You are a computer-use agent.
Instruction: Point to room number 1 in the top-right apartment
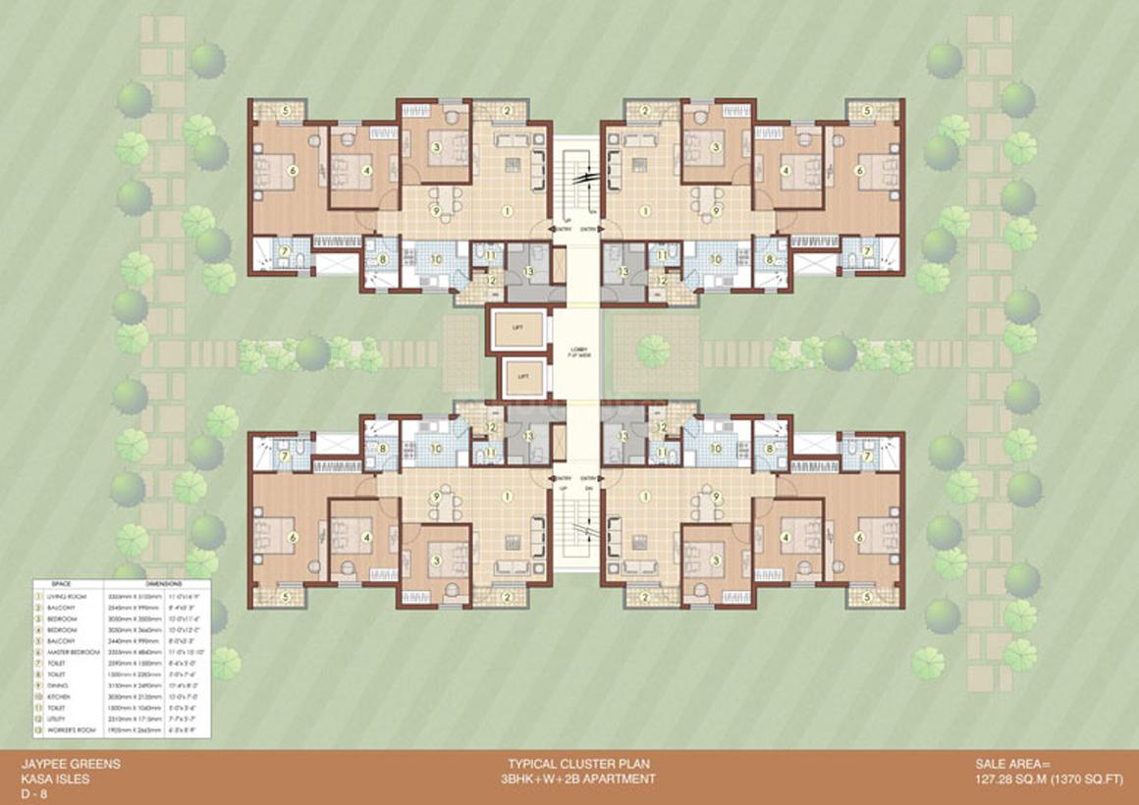click(x=645, y=210)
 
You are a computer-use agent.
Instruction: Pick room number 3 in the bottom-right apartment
click(x=717, y=561)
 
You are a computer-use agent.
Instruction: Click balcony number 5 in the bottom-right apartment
click(x=868, y=595)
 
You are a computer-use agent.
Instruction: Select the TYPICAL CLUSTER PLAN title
click(x=577, y=763)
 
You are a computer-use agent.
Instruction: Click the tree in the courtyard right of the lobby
click(x=652, y=350)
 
